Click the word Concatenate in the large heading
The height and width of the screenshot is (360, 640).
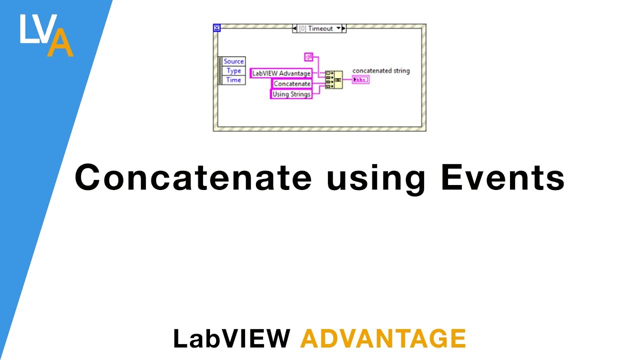[x=193, y=177]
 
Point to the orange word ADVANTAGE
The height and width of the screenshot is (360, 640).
[x=383, y=338]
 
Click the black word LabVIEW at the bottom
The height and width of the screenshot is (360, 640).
[x=231, y=338]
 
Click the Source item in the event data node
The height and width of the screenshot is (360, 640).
[x=233, y=61]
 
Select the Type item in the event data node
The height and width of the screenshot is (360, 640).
[x=233, y=71]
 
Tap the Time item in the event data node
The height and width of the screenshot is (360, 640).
[x=233, y=80]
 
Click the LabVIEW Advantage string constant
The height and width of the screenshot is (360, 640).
[x=281, y=73]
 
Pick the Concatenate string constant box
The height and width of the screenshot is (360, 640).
[x=292, y=83]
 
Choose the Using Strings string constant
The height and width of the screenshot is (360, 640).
[x=291, y=93]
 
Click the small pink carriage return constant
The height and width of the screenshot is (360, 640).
[x=308, y=56]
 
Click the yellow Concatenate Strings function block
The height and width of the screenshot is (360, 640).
[x=333, y=79]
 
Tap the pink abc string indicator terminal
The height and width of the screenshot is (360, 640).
[x=360, y=79]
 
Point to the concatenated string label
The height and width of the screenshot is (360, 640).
[x=381, y=71]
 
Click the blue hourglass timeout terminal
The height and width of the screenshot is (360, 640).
[x=216, y=28]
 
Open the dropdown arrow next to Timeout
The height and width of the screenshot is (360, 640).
[x=338, y=28]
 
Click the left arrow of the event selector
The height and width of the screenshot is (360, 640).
[x=294, y=28]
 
